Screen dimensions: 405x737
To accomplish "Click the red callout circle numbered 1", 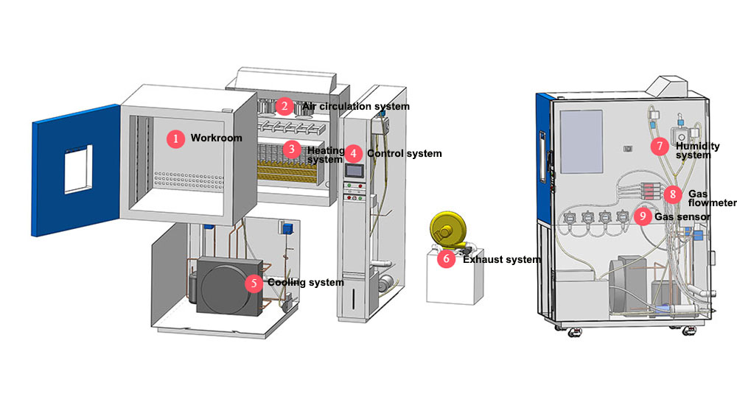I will click(x=175, y=138).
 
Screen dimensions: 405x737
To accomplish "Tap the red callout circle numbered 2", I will click(x=284, y=106).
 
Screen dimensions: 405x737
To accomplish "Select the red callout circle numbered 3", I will click(x=292, y=149).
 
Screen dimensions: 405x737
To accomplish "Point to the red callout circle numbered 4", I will click(x=354, y=153).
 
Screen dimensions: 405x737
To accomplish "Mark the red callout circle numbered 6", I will click(x=446, y=259).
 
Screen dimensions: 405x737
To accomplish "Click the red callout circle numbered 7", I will click(x=660, y=146).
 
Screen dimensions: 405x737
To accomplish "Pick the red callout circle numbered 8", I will click(x=672, y=194).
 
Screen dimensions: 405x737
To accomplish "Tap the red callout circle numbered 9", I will click(x=643, y=216).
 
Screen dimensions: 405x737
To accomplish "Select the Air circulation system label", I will click(x=355, y=107).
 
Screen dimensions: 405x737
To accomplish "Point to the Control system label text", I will click(x=404, y=154).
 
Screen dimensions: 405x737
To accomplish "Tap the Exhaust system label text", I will click(x=501, y=260).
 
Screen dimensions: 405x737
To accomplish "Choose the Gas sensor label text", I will click(x=682, y=217).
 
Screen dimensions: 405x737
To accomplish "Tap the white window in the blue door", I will click(x=77, y=166).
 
